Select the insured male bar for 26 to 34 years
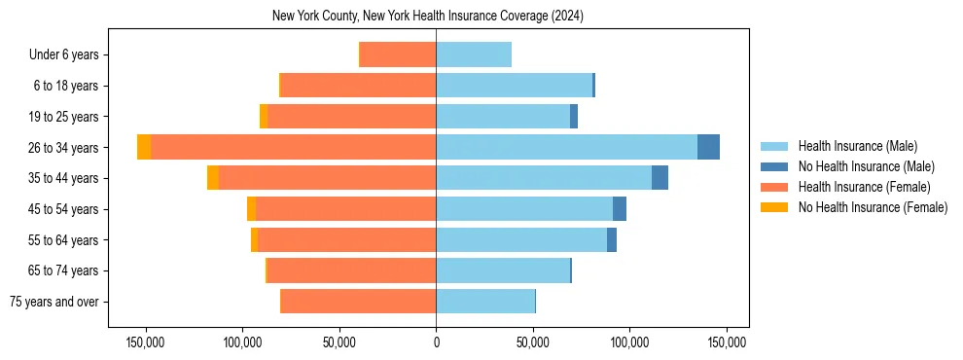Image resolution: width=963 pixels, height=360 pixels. tap(566, 147)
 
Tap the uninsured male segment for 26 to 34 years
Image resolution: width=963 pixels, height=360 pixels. tap(708, 147)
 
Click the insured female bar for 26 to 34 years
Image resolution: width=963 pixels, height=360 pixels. tap(292, 147)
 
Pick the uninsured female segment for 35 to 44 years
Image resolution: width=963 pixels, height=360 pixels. tap(213, 178)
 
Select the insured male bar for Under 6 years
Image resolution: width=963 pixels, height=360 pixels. tap(474, 54)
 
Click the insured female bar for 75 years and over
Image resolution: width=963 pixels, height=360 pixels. tap(358, 302)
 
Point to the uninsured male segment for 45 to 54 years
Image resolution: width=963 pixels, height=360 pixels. tap(620, 209)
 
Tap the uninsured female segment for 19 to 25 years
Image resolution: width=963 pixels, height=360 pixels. tap(264, 117)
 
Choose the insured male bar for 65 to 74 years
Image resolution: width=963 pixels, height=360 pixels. tap(503, 270)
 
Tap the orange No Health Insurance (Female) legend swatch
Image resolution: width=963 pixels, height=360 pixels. tap(774, 207)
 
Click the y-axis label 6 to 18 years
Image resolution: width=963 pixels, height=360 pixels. tap(66, 86)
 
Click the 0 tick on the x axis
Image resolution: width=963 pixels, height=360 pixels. tap(436, 342)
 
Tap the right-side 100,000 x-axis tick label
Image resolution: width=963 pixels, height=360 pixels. tap(629, 342)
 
